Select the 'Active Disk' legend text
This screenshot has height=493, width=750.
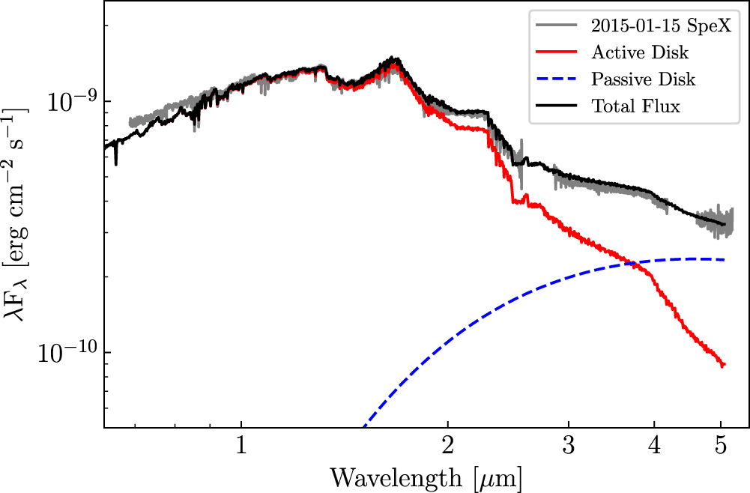tap(640, 52)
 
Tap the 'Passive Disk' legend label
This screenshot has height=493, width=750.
tap(643, 79)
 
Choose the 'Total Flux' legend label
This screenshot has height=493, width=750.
tap(635, 106)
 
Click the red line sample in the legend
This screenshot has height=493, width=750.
tap(556, 52)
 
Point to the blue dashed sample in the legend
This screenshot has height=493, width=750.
tap(556, 79)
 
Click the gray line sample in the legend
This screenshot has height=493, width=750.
tap(556, 26)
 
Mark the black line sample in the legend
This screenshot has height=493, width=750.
tap(556, 106)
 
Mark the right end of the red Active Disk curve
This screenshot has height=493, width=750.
tap(724, 365)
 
